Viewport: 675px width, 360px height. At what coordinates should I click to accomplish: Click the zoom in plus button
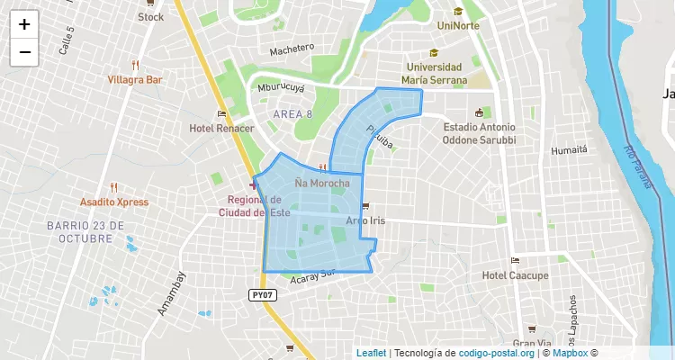tap(24, 24)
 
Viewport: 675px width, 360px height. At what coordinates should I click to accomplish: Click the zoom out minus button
tap(24, 52)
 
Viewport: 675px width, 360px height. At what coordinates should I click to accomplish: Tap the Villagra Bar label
tap(135, 79)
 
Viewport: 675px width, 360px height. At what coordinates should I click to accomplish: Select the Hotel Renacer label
tap(222, 129)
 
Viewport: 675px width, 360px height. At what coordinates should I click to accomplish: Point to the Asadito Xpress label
tap(114, 202)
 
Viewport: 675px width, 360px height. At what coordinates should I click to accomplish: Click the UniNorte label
tap(458, 25)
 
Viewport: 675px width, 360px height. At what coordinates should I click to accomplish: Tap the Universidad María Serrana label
tap(434, 74)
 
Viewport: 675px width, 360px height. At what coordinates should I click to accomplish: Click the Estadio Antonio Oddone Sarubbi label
tap(479, 133)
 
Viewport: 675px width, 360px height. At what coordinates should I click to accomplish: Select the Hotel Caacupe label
tap(515, 274)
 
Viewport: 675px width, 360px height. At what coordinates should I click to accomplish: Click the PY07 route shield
tap(260, 294)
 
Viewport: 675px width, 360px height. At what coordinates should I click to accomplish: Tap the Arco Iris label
tap(365, 220)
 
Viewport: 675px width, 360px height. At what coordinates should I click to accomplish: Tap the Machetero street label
tap(292, 48)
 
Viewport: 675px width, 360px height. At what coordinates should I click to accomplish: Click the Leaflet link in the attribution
tap(371, 353)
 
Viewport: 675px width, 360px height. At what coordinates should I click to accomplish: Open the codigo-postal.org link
tap(497, 353)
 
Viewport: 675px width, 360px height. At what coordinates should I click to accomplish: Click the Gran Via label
tap(532, 344)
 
